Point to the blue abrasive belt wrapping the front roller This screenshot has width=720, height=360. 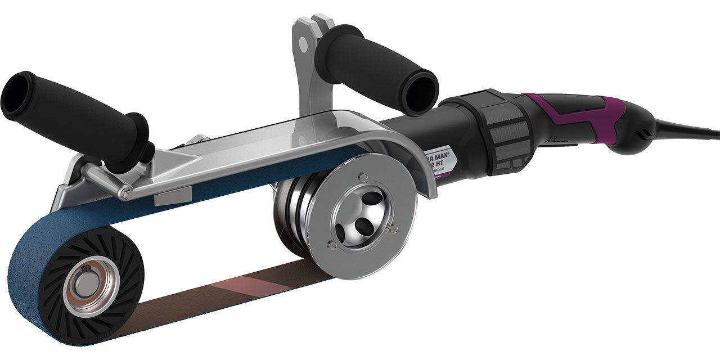(34, 264)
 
